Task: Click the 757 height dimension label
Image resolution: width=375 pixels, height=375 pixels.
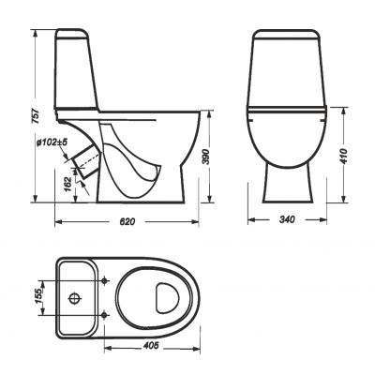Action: click(37, 116)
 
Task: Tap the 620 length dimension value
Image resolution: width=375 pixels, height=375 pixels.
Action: click(127, 221)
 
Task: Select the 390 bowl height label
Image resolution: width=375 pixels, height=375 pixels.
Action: click(204, 157)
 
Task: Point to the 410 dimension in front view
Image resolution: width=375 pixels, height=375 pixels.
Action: click(344, 156)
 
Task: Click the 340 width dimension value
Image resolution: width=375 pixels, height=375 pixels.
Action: click(287, 219)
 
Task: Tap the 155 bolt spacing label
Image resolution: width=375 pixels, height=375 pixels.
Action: click(38, 297)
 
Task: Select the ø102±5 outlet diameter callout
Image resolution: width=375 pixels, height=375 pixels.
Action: click(52, 142)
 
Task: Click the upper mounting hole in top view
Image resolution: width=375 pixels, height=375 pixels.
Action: click(105, 280)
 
